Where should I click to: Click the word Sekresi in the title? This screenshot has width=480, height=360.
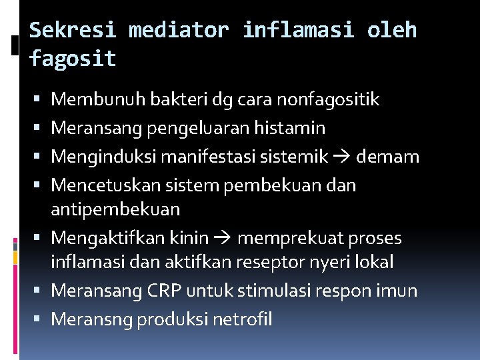point(73,31)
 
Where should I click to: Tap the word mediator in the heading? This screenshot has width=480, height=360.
point(178,31)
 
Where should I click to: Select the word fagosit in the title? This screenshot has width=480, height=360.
point(73,59)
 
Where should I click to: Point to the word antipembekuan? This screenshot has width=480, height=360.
point(115,209)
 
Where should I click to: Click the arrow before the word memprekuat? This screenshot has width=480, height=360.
point(224,238)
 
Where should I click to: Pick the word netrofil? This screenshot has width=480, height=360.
point(243,320)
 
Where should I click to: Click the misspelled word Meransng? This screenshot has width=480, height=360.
point(91,320)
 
